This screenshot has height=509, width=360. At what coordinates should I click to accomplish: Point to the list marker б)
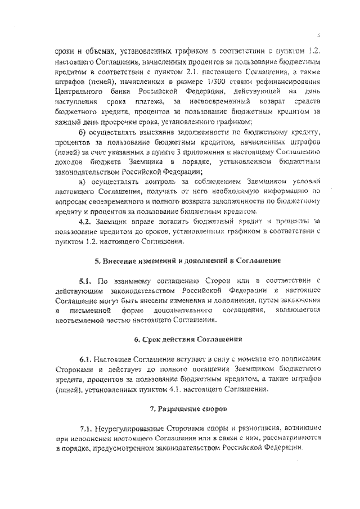83,133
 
